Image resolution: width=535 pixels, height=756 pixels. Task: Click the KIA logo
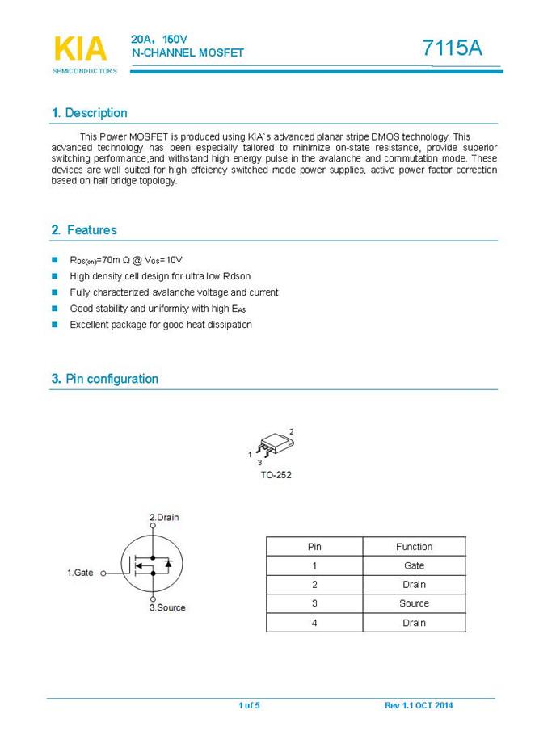tap(80, 49)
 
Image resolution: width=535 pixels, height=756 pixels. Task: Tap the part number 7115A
tap(452, 48)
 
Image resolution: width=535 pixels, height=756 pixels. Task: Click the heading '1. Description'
tap(89, 113)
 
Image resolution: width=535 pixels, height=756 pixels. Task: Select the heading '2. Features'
tap(84, 230)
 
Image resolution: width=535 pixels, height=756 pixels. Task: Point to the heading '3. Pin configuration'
tap(104, 379)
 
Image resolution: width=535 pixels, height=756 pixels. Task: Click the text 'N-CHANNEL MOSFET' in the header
tap(187, 53)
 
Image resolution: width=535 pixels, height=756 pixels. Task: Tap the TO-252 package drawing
tap(273, 444)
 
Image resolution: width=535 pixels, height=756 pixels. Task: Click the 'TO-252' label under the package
tap(276, 475)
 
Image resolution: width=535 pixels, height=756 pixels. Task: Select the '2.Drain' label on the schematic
tap(164, 517)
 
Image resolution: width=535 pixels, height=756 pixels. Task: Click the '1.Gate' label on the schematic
tap(80, 573)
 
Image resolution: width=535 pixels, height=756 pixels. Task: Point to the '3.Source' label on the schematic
tap(167, 607)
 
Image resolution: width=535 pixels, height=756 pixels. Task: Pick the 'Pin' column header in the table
tap(314, 547)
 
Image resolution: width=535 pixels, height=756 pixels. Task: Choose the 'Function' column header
tap(414, 547)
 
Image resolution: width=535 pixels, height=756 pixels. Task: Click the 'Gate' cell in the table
tap(414, 565)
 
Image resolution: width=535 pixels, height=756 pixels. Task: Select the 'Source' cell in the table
tap(414, 603)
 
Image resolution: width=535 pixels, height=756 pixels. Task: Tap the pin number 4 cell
tap(314, 623)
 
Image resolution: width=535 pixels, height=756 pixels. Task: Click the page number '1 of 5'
tap(249, 706)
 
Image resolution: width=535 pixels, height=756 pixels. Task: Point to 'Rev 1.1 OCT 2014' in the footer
tap(419, 706)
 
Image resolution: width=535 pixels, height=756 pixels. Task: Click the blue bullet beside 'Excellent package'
tap(55, 325)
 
